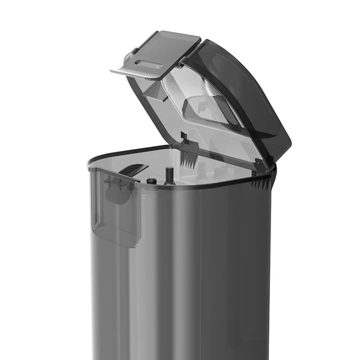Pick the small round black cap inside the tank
tap(151, 181)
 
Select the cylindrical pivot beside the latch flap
tap(129, 57)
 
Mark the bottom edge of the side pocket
tap(117, 243)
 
